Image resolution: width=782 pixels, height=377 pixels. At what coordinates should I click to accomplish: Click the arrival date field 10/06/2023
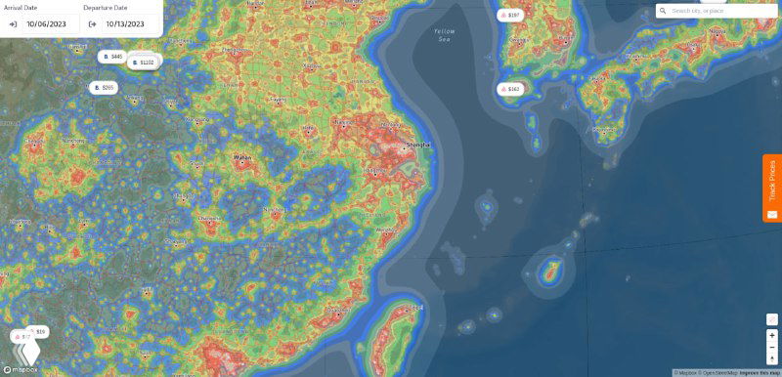coord(47,23)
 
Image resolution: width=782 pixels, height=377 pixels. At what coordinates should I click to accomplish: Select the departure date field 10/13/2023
coord(125,23)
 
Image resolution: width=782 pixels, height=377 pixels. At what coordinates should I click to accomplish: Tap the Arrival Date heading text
coord(22,8)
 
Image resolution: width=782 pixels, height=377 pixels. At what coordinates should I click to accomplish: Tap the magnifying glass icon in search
coord(663,11)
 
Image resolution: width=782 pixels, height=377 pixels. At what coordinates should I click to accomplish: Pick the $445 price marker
coord(112,57)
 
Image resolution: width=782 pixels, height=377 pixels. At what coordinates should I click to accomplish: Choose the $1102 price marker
coord(143,63)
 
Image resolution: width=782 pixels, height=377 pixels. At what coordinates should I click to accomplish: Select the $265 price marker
coord(104,88)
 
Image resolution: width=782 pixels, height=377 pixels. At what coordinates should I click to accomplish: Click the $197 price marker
coord(510,16)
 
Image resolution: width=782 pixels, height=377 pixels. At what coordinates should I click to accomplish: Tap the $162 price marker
coord(510,89)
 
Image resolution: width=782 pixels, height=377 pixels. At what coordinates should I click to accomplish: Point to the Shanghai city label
coord(417,145)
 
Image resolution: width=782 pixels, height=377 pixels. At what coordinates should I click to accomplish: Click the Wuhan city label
coord(242,156)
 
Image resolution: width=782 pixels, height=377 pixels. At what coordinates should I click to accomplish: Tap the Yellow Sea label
coord(445,35)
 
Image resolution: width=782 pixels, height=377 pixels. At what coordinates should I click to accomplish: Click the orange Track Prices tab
coord(772,180)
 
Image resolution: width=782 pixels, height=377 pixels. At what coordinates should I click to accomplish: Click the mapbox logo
coord(22,369)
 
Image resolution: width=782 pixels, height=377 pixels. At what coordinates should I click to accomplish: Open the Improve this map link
coord(760,373)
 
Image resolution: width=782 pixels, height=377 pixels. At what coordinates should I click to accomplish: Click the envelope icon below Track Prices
coord(772,214)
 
